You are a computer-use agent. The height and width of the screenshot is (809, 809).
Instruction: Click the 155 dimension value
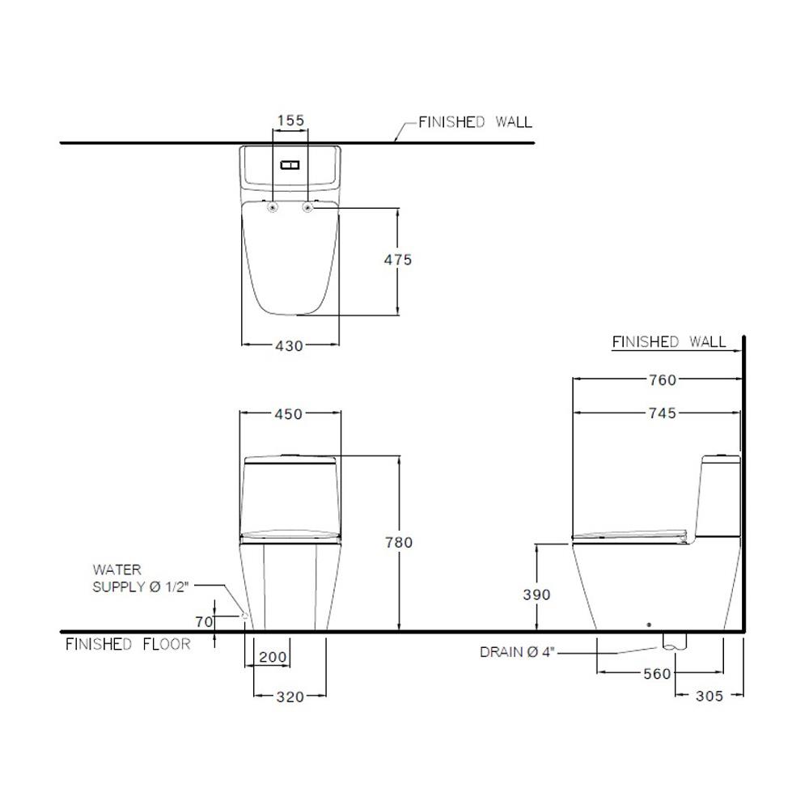tap(291, 121)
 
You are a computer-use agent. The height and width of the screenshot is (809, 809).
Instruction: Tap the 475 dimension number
tap(398, 260)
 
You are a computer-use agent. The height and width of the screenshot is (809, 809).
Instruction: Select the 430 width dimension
tap(289, 345)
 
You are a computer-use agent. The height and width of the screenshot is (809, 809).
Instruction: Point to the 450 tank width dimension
tap(289, 413)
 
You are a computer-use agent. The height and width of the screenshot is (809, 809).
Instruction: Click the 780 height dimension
tap(399, 542)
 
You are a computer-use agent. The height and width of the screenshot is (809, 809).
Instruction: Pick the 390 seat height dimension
tap(536, 595)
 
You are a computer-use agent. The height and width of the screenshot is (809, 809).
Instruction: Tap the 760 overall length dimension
tap(663, 379)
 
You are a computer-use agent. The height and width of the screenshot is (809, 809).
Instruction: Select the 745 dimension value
tap(663, 413)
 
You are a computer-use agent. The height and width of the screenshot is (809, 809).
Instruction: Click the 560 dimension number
tap(657, 673)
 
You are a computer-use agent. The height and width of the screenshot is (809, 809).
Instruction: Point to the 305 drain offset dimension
tap(709, 696)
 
